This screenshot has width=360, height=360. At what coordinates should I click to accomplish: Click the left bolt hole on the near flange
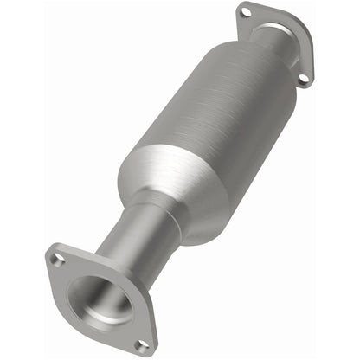57,258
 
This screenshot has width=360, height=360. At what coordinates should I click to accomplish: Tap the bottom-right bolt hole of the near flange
142,344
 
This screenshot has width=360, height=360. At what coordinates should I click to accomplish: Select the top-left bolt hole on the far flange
245,12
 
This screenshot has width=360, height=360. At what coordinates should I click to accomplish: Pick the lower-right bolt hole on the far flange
303,79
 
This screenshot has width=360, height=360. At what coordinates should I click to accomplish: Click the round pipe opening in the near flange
100,299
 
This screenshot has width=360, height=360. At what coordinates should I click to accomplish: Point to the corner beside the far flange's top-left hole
239,7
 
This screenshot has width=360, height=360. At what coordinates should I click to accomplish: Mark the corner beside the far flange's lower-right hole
308,85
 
